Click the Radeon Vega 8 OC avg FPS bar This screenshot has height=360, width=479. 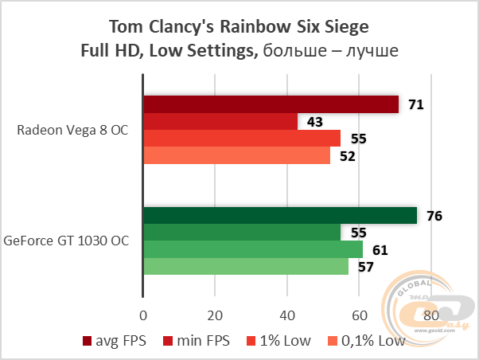[271, 104]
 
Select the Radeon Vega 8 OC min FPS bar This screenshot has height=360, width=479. [220, 121]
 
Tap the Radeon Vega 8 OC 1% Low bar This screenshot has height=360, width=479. [242, 139]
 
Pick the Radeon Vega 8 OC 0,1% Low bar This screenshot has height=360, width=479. [236, 155]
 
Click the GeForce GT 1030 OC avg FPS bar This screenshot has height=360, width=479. [280, 216]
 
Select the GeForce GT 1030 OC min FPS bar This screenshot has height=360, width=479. [242, 233]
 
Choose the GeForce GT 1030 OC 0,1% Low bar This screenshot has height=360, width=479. [246, 267]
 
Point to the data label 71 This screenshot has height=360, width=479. [415, 104]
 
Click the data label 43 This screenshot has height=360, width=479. [315, 122]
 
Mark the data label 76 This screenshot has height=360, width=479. [434, 216]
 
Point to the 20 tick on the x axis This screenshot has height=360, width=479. [215, 313]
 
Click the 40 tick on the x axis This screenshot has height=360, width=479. [286, 313]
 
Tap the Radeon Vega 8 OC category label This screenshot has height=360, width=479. [72, 130]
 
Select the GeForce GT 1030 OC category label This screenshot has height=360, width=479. [68, 239]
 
